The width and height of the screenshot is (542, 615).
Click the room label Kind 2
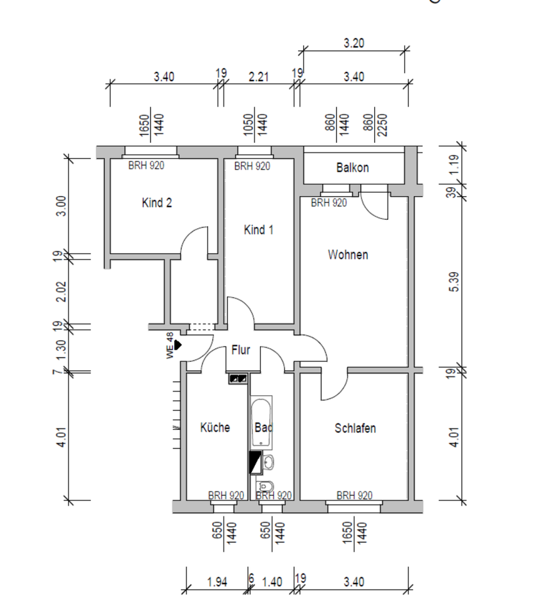pyautogui.click(x=156, y=203)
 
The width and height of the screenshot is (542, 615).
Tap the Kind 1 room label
pyautogui.click(x=259, y=229)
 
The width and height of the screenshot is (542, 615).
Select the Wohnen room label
pyautogui.click(x=348, y=255)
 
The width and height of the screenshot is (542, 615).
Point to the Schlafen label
pyautogui.click(x=355, y=428)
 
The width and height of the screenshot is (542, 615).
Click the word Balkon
pyautogui.click(x=352, y=168)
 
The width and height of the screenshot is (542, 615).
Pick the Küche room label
pyautogui.click(x=215, y=427)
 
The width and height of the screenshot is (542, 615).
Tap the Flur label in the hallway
pyautogui.click(x=240, y=350)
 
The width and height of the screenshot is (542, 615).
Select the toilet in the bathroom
pyautogui.click(x=268, y=485)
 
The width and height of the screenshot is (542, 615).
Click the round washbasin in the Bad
pyautogui.click(x=269, y=461)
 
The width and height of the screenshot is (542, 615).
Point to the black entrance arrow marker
pyautogui.click(x=179, y=345)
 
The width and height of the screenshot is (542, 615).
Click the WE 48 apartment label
pyautogui.click(x=170, y=346)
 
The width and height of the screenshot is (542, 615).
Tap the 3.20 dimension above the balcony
pyautogui.click(x=354, y=44)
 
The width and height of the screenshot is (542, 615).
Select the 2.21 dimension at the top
pyautogui.click(x=258, y=76)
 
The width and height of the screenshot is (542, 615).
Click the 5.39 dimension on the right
pyautogui.click(x=454, y=282)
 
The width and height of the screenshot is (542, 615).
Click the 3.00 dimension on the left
pyautogui.click(x=61, y=206)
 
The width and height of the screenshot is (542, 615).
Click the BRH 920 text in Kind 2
pyautogui.click(x=146, y=166)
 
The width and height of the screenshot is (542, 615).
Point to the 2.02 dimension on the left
pyautogui.click(x=61, y=291)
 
